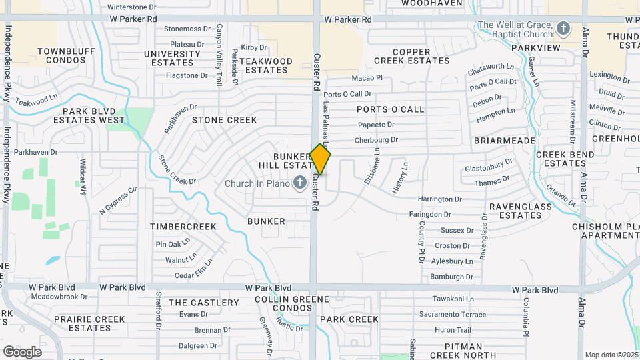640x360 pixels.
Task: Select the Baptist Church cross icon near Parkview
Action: click(563, 29)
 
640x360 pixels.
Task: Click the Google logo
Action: click(22, 351)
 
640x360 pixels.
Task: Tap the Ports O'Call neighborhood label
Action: click(390, 109)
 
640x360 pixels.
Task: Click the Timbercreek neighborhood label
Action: click(183, 227)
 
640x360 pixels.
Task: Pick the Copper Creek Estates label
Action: click(411, 56)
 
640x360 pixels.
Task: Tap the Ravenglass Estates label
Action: click(521, 211)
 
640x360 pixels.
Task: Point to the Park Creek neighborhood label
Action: click(349, 319)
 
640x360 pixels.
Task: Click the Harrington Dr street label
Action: click(439, 199)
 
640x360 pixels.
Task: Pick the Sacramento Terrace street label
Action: click(452, 315)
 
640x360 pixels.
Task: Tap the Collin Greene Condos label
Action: click(283, 304)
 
